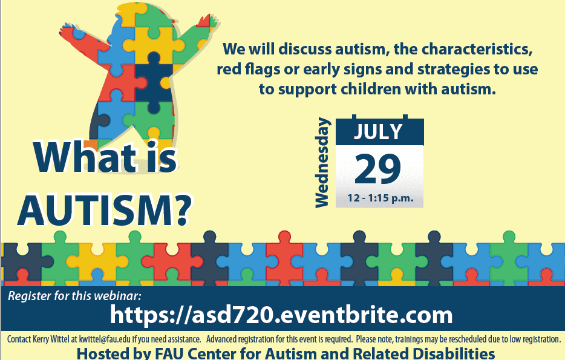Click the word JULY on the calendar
[378, 131]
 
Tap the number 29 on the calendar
[377, 169]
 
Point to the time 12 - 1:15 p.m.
[380, 198]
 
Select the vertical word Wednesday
[322, 163]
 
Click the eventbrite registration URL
[281, 315]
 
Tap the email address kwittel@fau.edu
[105, 339]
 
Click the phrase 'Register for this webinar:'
[74, 296]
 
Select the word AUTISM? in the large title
[105, 211]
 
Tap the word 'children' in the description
[371, 89]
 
